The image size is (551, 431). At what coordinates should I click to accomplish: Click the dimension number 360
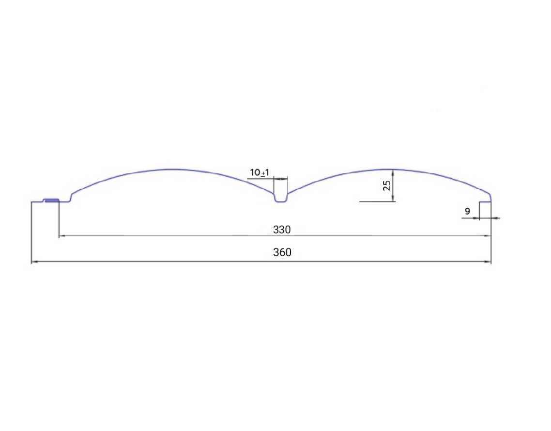[x=282, y=252]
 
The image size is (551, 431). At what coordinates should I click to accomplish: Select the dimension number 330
[x=282, y=230]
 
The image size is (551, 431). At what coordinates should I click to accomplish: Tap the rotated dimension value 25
[x=386, y=185]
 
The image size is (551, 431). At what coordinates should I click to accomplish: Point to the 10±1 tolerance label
[x=260, y=172]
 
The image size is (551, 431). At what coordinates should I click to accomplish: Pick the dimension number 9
[x=467, y=211]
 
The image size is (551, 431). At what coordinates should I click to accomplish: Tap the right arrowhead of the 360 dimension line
[x=488, y=262]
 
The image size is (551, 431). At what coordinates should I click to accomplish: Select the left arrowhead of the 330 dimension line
[x=62, y=236]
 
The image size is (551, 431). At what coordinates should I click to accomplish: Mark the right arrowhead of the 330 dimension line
[x=488, y=236]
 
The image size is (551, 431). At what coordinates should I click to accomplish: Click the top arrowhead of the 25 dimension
[x=393, y=173]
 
